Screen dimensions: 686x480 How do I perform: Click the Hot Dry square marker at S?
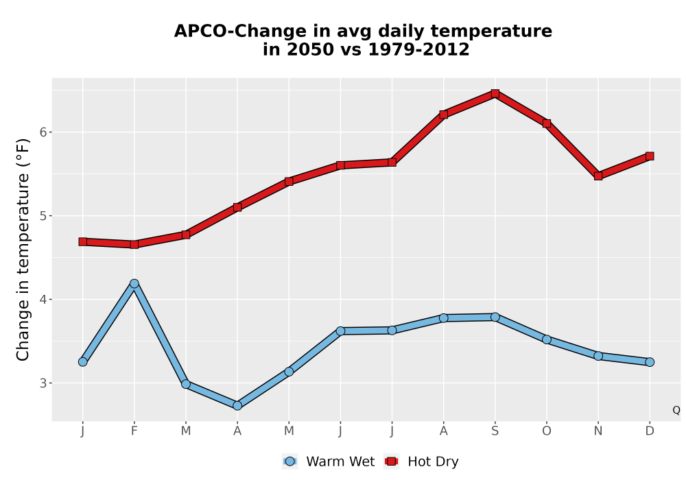(495, 93)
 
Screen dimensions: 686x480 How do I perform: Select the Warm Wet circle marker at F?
(134, 284)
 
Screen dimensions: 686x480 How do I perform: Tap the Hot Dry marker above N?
(598, 176)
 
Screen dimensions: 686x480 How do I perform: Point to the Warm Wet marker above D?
(650, 362)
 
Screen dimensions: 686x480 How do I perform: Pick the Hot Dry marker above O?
(547, 123)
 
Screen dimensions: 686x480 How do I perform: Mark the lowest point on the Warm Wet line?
(237, 406)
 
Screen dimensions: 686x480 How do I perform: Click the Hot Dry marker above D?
(650, 156)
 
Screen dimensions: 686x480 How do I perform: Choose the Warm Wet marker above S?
(495, 317)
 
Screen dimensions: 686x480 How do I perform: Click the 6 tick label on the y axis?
(43, 132)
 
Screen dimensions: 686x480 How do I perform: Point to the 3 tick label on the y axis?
(43, 383)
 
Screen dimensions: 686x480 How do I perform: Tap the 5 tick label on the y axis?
(43, 215)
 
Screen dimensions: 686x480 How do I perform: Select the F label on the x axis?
(134, 431)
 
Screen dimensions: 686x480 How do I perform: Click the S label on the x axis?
(495, 431)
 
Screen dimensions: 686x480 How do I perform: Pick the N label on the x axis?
(598, 431)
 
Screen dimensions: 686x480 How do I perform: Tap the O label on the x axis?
(547, 431)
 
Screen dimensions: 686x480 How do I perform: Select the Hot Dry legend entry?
(421, 461)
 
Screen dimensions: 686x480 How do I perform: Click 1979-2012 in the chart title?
(418, 49)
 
